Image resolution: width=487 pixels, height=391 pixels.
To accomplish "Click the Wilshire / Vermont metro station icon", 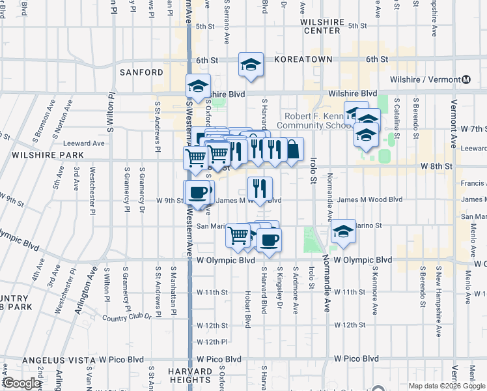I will pos(466,80).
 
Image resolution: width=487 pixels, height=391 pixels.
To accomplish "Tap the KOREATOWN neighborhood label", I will pos(303,59).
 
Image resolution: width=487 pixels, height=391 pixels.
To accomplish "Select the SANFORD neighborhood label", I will pos(141,72).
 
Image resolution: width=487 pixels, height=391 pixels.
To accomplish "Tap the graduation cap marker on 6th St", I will pos(251,65).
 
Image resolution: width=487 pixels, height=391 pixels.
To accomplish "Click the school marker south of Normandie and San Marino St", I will pos(342,231).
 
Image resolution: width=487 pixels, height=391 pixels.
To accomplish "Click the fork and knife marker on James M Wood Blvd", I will pos(260,189).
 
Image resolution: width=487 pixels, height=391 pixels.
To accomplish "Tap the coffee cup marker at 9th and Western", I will pos(197,192).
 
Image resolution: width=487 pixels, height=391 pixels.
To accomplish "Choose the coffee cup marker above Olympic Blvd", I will pos(268,240).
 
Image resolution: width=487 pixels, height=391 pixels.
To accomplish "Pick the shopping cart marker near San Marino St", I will pos(238,236).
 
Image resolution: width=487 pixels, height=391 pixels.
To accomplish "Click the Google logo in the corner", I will pos(21,383).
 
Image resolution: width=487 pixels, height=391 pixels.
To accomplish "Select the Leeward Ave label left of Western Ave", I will pos(84,143).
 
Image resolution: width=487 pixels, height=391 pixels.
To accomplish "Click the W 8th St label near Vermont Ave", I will pos(436,166).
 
